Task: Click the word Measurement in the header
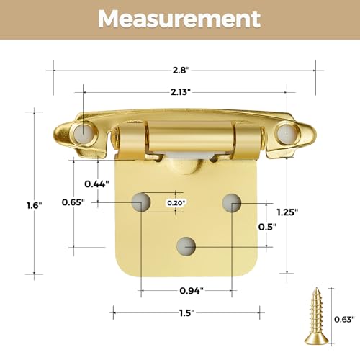[x=179, y=19]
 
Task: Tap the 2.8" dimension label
[x=181, y=71]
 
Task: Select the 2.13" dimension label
[x=181, y=92]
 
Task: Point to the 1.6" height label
[x=34, y=205]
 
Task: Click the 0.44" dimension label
[x=96, y=184]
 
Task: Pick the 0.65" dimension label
[x=73, y=202]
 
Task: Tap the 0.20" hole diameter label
[x=176, y=203]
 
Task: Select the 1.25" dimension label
[x=287, y=212]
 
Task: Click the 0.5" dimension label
[x=267, y=227]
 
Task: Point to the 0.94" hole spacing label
[x=192, y=291]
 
